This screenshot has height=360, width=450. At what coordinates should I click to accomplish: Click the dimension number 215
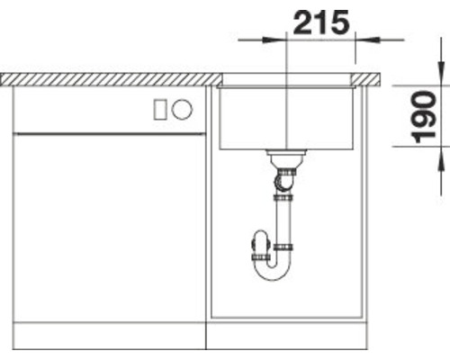coord(321,22)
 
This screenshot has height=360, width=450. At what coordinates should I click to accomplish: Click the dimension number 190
coord(423,117)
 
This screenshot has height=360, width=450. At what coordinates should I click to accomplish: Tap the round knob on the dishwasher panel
coord(182,109)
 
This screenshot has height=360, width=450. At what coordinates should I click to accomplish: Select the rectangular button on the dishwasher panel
coord(159,110)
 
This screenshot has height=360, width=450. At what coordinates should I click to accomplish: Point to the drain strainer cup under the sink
coord(286,158)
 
